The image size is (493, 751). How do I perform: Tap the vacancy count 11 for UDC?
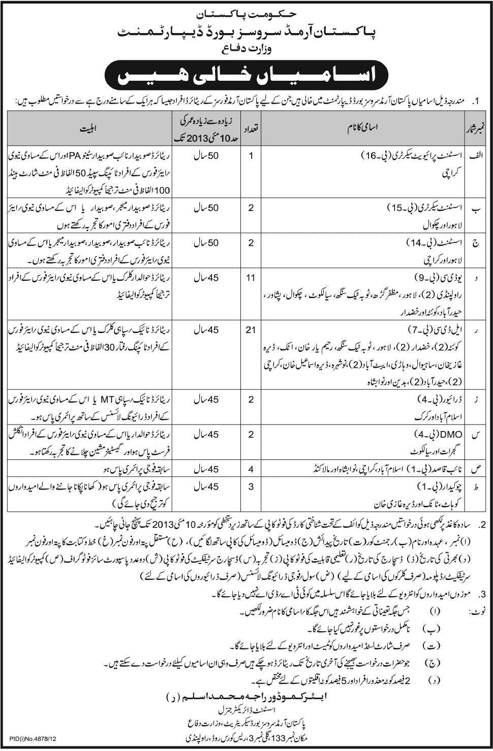point(250,278)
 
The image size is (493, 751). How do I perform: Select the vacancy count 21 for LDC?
point(250,330)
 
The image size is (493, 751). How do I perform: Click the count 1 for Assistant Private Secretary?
point(250,155)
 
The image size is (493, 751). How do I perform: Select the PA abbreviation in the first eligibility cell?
point(46,156)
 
